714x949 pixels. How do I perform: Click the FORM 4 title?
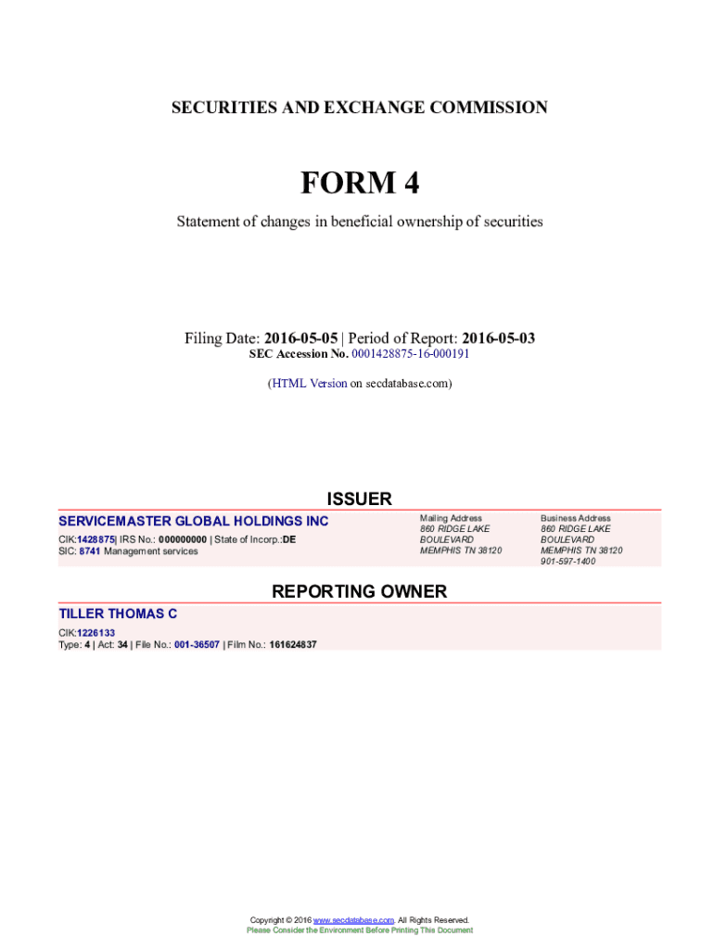[x=359, y=183]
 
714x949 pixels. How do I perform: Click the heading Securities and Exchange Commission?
[x=359, y=108]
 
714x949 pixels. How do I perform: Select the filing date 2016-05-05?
[x=300, y=338]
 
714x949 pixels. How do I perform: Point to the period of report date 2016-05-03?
[x=498, y=338]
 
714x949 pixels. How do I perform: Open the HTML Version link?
[x=309, y=383]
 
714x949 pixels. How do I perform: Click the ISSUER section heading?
[x=359, y=499]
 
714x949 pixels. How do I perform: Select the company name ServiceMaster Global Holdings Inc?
[x=194, y=522]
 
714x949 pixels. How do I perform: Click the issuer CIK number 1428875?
[x=96, y=539]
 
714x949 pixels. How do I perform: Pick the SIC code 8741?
[x=90, y=551]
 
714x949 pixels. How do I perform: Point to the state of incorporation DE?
[x=289, y=539]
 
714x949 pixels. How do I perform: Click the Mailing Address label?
[x=451, y=518]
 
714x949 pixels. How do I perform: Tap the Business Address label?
[x=576, y=518]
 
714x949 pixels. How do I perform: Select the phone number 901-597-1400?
[x=568, y=562]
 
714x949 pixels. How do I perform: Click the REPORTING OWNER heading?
[x=359, y=591]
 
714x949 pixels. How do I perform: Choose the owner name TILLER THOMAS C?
[x=118, y=614]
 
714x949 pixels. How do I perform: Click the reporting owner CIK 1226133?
[x=96, y=633]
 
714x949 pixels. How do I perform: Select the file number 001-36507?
[x=197, y=645]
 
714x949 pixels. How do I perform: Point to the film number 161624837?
[x=293, y=645]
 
